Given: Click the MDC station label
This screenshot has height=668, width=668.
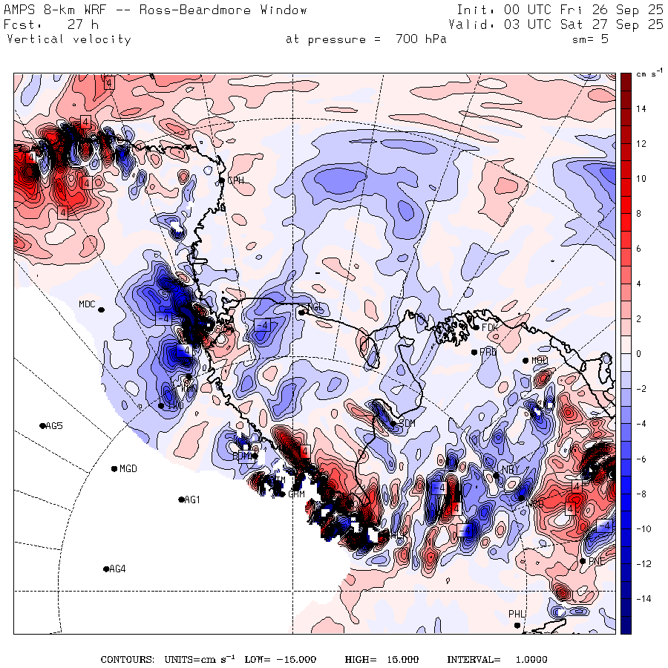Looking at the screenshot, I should click(x=87, y=304).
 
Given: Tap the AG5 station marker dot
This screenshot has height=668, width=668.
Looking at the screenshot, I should click(x=42, y=425).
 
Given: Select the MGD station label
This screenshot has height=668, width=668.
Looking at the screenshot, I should click(x=128, y=468).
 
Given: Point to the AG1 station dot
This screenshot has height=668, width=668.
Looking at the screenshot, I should click(x=181, y=500).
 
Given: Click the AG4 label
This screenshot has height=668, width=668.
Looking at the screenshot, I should click(x=117, y=569).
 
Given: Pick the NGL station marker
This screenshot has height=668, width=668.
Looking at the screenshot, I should click(x=302, y=312).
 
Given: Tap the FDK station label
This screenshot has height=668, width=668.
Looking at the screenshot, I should click(x=488, y=327).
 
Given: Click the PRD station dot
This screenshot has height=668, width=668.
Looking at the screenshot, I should click(x=475, y=352).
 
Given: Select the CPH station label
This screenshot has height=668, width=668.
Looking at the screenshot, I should click(x=235, y=180).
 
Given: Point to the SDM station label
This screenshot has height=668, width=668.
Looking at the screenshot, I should click(x=407, y=423).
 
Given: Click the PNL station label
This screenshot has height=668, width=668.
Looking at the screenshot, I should click(x=595, y=560).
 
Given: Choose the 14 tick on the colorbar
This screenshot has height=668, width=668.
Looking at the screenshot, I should click(x=640, y=109).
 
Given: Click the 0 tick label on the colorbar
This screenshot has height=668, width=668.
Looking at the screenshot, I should click(x=638, y=354).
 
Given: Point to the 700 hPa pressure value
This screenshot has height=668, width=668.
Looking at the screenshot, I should click(x=416, y=39).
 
